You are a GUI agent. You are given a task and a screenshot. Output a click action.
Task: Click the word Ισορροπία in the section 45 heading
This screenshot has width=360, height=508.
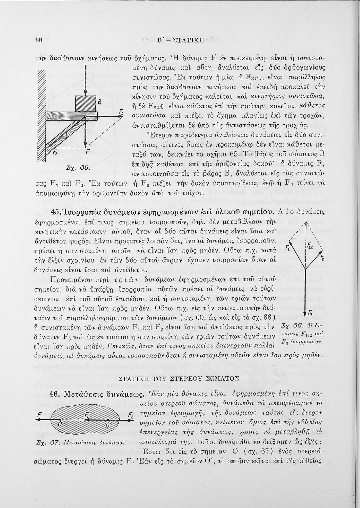tap(81, 212)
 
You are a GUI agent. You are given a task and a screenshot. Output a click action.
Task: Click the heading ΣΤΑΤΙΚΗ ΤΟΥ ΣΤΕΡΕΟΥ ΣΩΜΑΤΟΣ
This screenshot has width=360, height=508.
tap(180, 378)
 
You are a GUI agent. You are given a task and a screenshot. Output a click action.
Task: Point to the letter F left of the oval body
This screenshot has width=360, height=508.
tap(40, 415)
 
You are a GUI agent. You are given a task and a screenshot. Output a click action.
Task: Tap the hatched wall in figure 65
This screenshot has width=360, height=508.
tap(41, 115)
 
